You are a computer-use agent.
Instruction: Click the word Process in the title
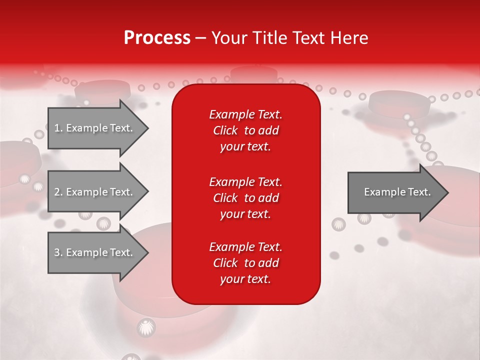coord(157,37)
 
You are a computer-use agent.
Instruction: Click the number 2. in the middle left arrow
coord(58,192)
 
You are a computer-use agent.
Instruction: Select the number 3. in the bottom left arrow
coord(58,252)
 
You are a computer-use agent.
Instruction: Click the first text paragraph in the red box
coord(245,130)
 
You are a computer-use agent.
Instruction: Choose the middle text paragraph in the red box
coord(245,198)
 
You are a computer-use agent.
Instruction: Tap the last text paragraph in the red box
coord(245,263)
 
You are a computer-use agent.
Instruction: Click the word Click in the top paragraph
coord(225,130)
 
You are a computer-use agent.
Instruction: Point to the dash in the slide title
coord(201,38)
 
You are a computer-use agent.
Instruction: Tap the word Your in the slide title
coord(229,37)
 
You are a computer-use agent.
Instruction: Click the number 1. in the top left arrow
coord(58,128)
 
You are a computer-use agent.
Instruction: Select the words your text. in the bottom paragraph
coord(245,279)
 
